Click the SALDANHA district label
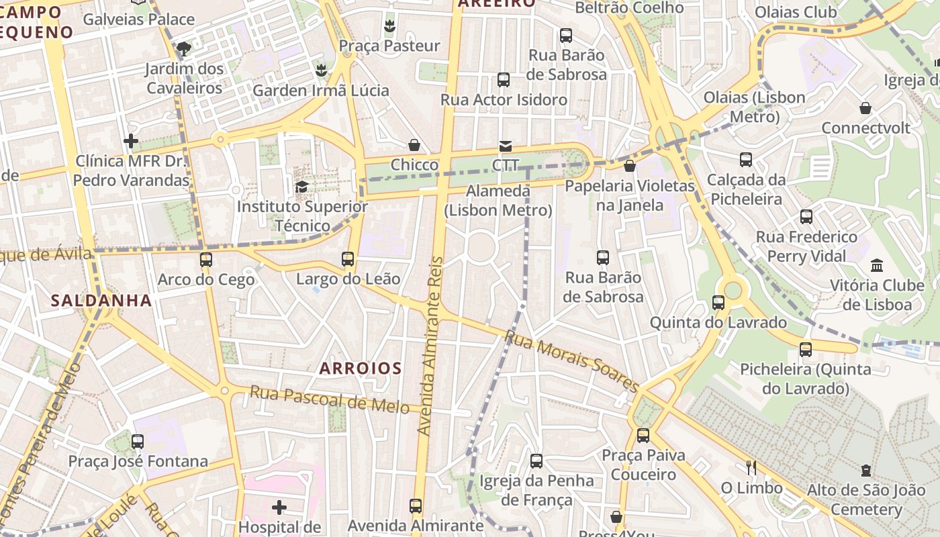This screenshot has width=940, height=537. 101,301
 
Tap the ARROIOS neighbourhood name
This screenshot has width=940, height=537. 361,368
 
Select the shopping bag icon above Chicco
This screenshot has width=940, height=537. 414,145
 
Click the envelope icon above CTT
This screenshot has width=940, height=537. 505,146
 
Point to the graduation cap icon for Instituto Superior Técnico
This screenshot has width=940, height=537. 301,187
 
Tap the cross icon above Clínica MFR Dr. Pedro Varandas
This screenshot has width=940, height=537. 131,141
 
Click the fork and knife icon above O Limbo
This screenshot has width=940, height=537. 751,468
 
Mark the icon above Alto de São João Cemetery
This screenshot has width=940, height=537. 866,471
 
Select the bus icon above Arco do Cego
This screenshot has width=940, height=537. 206,259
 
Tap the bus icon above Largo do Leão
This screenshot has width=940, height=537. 348,258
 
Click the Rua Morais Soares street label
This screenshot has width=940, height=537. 572,360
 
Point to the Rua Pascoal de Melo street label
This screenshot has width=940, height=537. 329,399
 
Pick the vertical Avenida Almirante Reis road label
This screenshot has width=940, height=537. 431,346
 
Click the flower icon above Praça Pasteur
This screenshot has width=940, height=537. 389,26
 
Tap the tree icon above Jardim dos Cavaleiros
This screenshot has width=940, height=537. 183,48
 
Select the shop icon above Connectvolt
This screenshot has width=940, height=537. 865,108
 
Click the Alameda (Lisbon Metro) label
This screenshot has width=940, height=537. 498,201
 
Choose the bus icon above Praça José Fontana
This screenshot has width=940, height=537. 138,442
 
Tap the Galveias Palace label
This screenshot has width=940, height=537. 138,19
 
